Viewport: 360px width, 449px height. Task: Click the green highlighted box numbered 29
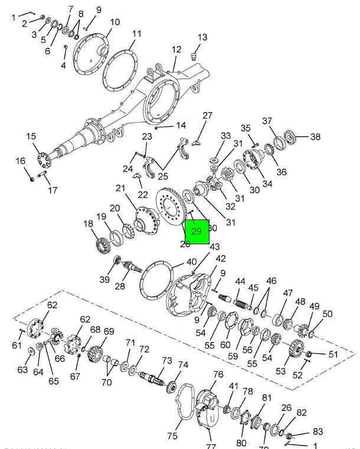point(197,231)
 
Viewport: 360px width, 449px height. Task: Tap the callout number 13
point(202,37)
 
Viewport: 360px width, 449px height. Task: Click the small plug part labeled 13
point(192,57)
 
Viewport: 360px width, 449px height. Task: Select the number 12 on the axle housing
point(176,50)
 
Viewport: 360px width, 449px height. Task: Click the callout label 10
point(114,22)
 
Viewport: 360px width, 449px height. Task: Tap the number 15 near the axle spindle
point(31,137)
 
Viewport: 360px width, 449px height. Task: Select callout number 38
point(315,137)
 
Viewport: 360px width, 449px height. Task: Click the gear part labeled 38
point(290,139)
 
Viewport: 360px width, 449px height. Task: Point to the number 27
point(207,116)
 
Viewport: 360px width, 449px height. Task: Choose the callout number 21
point(121,188)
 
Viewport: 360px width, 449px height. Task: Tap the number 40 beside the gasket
point(192,262)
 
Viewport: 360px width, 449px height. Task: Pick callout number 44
point(240,282)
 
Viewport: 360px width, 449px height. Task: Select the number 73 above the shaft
point(167,360)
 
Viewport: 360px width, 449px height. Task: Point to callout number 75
point(172,436)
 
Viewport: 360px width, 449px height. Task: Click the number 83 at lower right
point(318,432)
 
